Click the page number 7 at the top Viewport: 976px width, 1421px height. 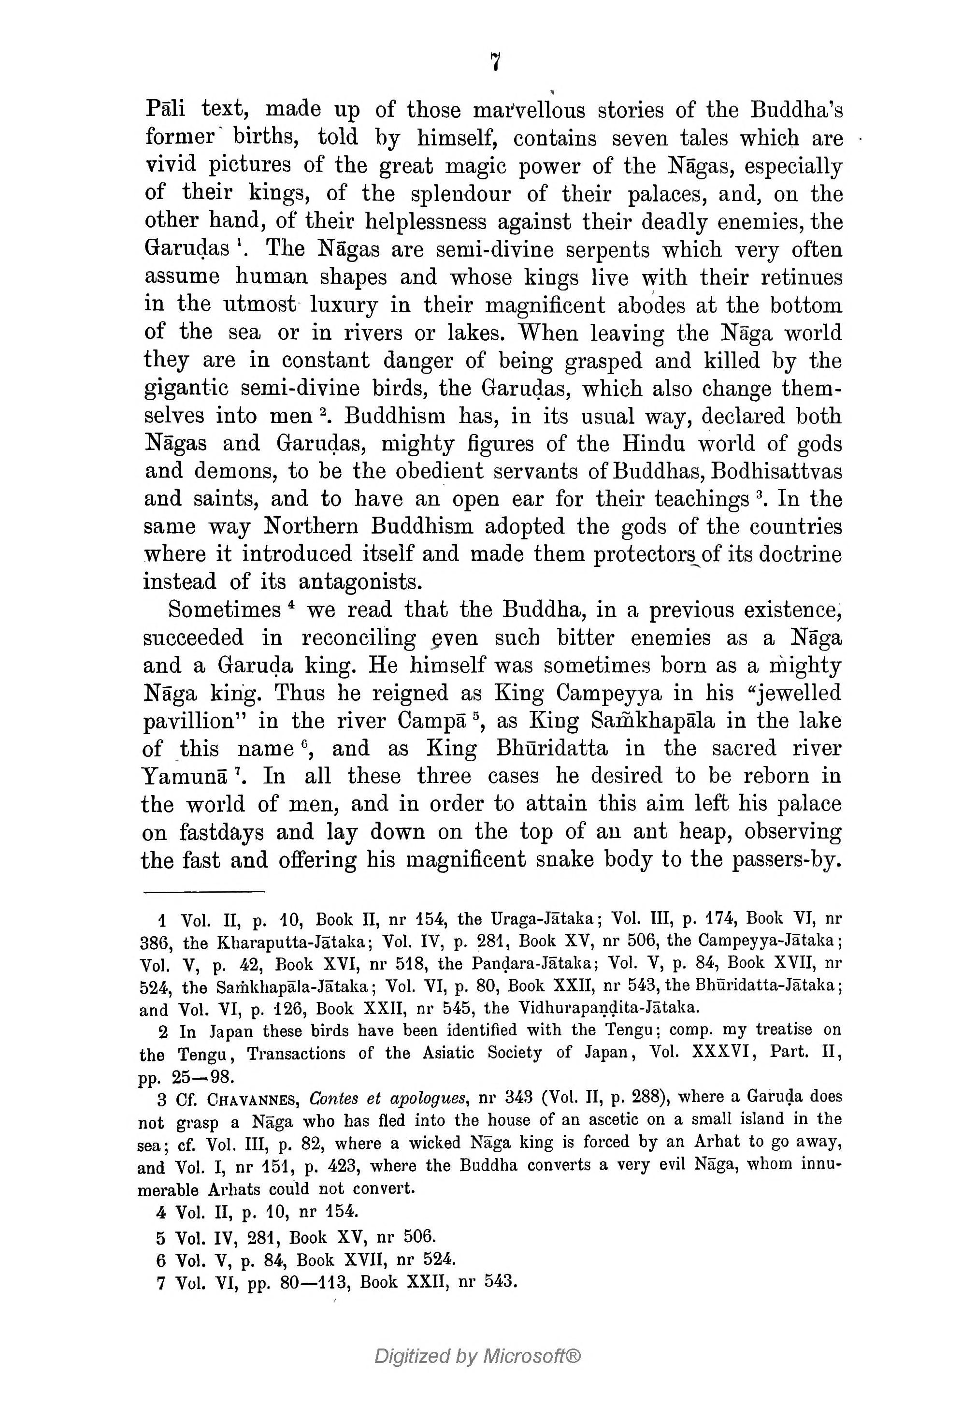click(x=495, y=62)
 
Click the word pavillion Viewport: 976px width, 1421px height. click(x=194, y=721)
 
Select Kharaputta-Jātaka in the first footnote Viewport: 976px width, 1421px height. click(x=292, y=942)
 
